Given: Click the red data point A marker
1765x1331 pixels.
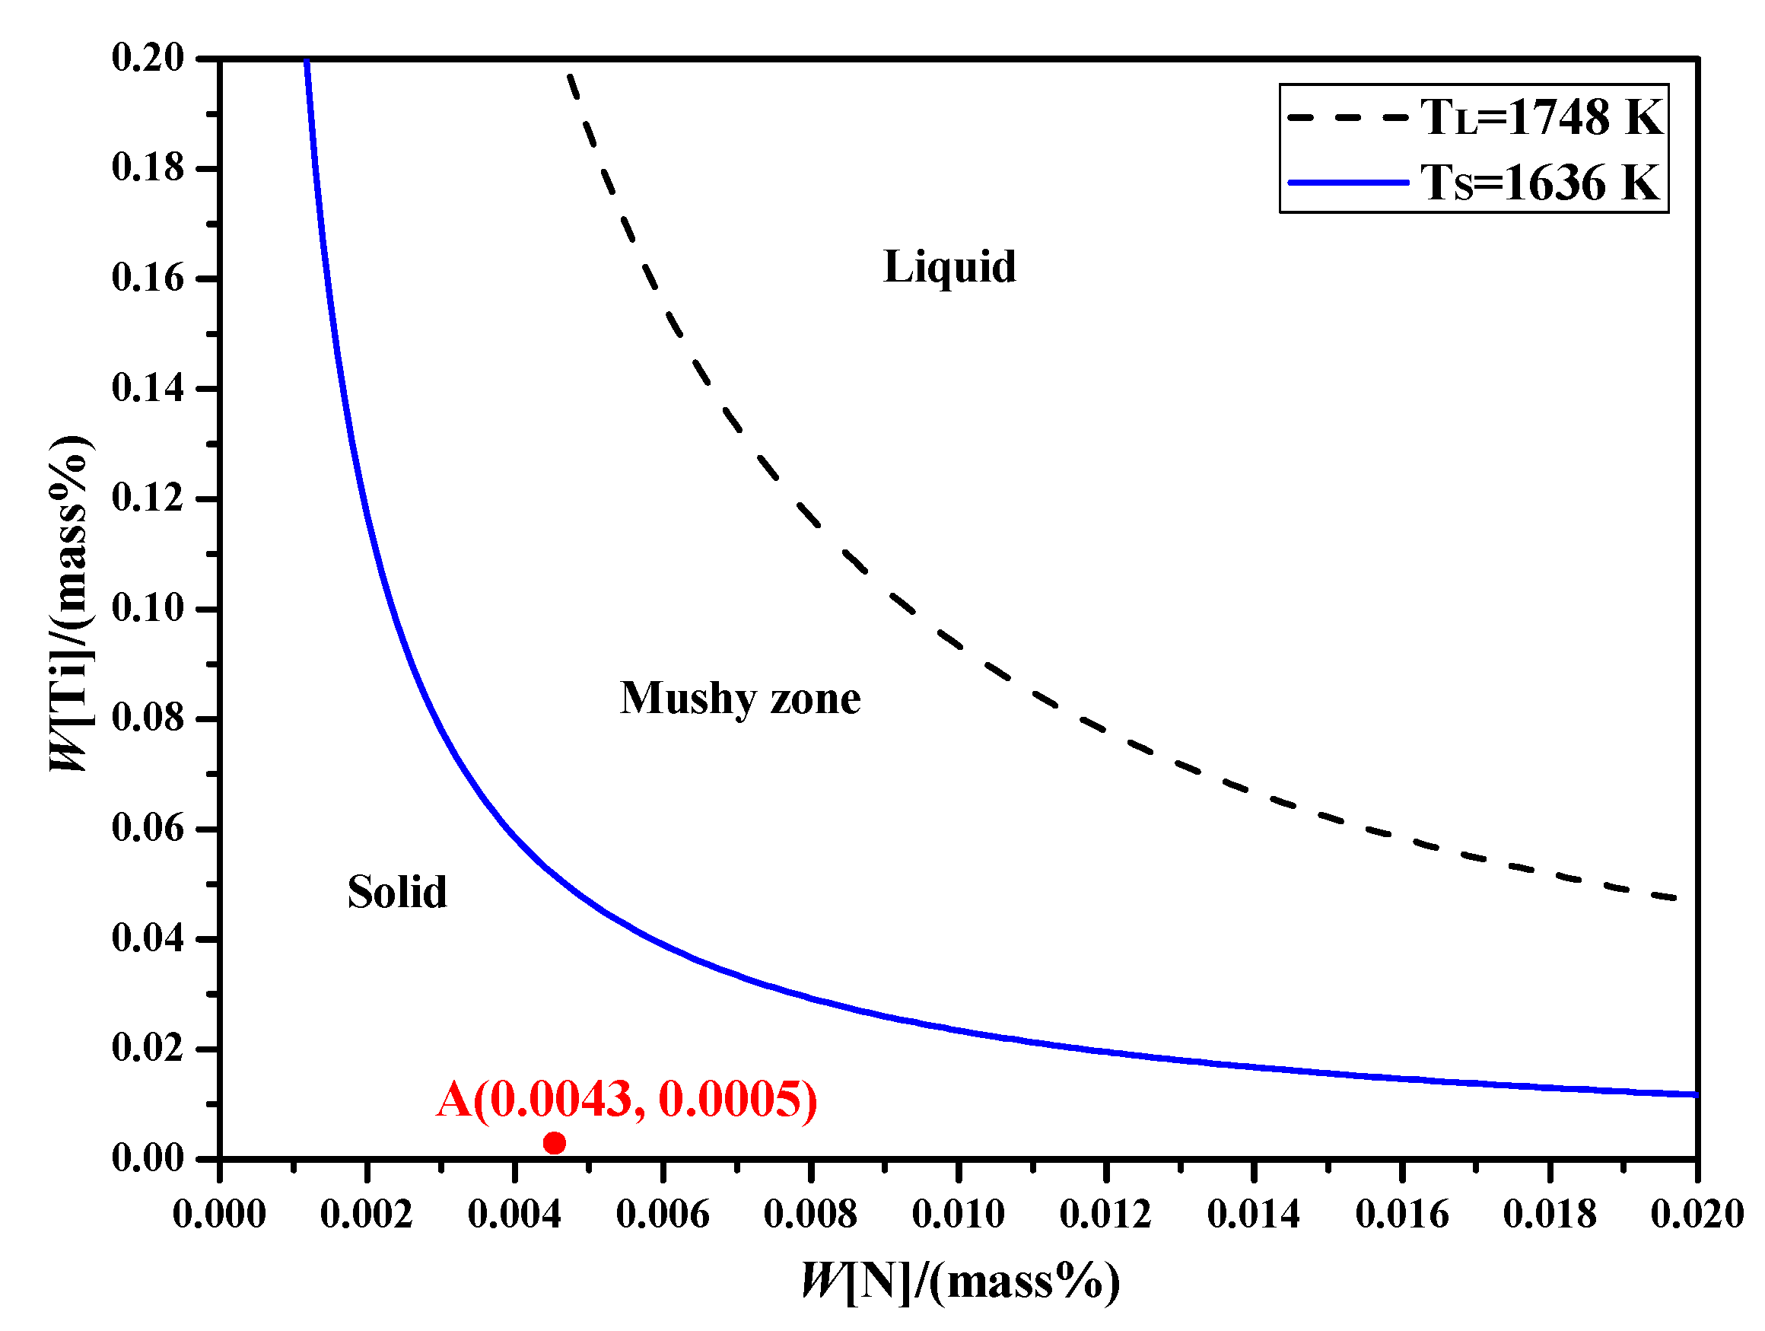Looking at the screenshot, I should (x=554, y=1144).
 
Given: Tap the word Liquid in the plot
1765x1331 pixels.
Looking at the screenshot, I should (x=949, y=266).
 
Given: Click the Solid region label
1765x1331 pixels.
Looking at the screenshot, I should (x=396, y=892).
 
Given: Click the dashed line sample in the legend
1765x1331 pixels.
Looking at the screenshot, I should (x=1349, y=117).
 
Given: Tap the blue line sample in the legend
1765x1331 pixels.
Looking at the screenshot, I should (x=1349, y=183).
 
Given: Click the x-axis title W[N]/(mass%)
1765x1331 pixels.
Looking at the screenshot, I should (x=961, y=1282).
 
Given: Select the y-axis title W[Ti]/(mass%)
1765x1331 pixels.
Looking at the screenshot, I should (x=70, y=603).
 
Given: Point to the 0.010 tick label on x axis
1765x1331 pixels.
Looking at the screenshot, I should (x=959, y=1215).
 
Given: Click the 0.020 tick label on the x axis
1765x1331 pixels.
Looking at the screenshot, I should (x=1697, y=1215).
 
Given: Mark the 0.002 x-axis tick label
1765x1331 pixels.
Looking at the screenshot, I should (x=366, y=1215).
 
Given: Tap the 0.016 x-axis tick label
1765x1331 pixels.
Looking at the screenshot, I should (x=1402, y=1215).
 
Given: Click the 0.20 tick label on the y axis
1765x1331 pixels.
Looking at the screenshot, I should (x=148, y=59).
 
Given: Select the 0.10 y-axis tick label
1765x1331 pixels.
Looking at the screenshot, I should (x=148, y=608).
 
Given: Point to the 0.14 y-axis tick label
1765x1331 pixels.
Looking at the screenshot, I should (x=148, y=389).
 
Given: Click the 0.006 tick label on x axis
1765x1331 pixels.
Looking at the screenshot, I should (x=663, y=1215).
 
